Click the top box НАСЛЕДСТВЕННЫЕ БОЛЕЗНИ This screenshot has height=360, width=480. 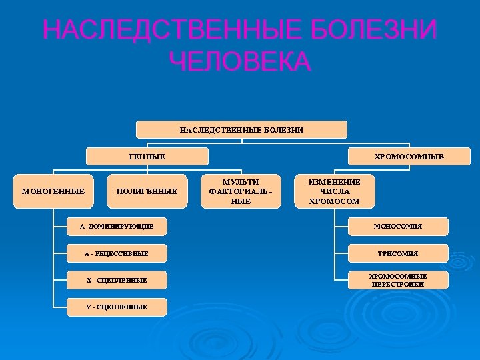[x=241, y=129]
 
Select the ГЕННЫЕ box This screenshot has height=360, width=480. [x=147, y=156]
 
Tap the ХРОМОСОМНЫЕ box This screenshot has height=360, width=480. [x=409, y=156]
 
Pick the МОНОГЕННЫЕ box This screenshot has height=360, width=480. [x=53, y=191]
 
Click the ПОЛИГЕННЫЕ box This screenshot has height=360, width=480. [x=147, y=191]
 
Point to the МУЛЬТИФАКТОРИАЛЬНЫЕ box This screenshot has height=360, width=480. [x=241, y=191]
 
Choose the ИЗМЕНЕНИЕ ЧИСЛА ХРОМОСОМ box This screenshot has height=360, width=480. [x=334, y=191]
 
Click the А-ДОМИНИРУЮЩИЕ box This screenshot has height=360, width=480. [x=117, y=227]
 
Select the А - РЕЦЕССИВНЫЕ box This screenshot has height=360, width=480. [x=117, y=253]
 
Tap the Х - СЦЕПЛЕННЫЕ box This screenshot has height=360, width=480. [x=117, y=280]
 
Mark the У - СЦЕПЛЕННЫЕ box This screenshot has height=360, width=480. [x=117, y=307]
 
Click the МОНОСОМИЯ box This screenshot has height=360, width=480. [x=398, y=227]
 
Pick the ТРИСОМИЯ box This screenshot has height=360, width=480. [x=398, y=253]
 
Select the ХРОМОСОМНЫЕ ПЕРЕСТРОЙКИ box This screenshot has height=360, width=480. [x=398, y=280]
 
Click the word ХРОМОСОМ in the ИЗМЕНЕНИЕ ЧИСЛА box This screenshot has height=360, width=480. [x=334, y=201]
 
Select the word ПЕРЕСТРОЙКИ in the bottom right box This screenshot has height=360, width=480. [x=398, y=285]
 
